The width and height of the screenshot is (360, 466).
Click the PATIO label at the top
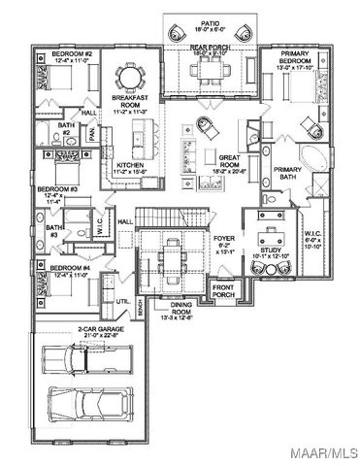209,20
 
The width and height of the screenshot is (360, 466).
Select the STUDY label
271,251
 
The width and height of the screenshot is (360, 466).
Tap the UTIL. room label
122,302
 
